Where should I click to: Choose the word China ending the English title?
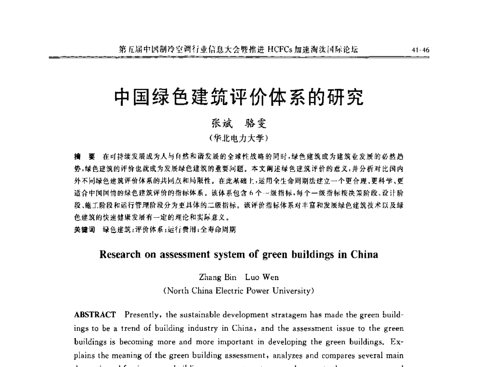[363, 254]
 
